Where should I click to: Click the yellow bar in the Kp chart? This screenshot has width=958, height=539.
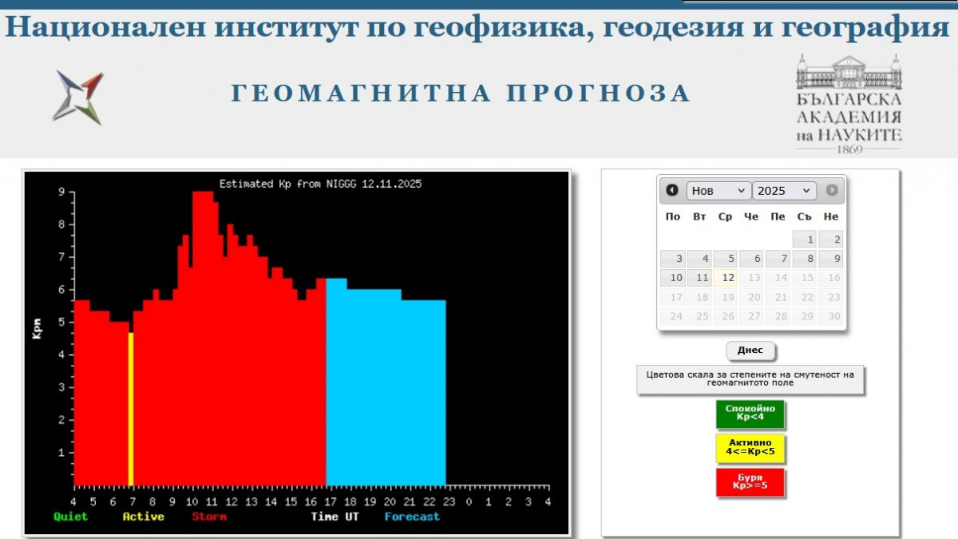click(131, 409)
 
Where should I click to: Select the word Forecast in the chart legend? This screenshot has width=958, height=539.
click(412, 517)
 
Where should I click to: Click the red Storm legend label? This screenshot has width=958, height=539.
click(209, 517)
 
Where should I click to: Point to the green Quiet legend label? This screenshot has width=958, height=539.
click(70, 517)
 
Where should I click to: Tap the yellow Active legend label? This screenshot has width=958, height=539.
click(143, 517)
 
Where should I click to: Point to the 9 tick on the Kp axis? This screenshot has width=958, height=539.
click(61, 192)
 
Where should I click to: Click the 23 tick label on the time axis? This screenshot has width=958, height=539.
click(449, 502)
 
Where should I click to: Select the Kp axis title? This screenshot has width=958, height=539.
click(37, 327)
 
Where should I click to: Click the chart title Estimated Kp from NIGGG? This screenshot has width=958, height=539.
click(320, 184)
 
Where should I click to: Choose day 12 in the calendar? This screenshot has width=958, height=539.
click(727, 278)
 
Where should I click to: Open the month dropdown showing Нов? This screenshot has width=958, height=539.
click(718, 191)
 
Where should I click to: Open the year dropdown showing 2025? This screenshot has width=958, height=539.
click(784, 191)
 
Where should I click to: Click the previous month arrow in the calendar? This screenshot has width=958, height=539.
click(672, 190)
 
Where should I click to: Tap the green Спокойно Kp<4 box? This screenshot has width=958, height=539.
click(750, 414)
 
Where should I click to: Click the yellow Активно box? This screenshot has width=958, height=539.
click(750, 449)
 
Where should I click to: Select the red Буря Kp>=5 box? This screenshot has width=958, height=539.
click(750, 482)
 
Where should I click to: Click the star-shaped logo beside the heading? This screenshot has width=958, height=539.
click(78, 97)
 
